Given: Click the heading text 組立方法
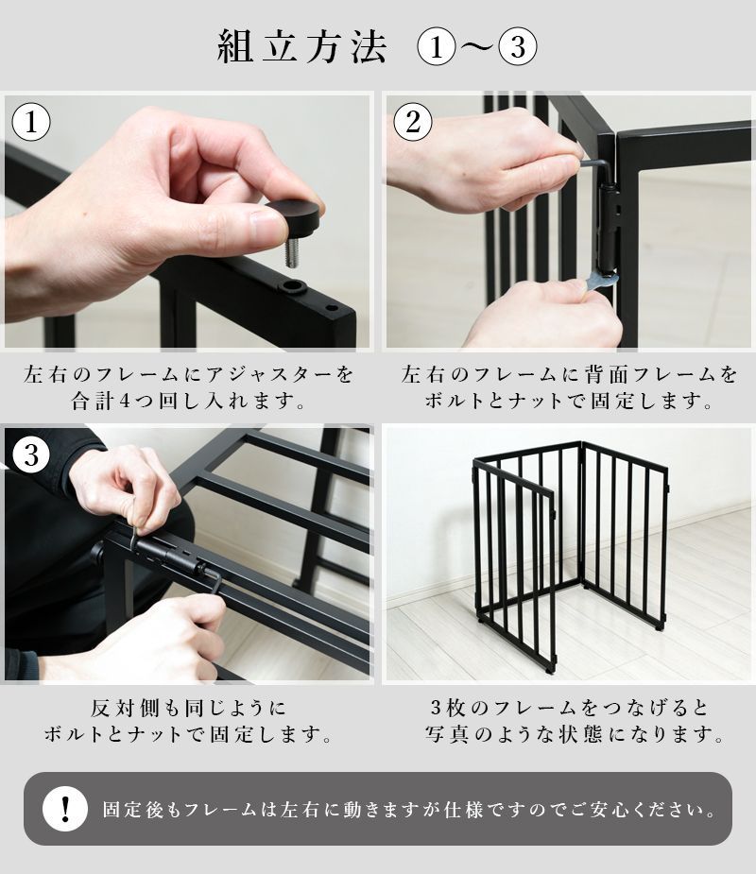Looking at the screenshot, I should click(x=302, y=48).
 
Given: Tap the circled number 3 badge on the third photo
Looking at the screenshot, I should click(x=31, y=455).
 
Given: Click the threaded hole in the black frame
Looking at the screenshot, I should click(x=293, y=285).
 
